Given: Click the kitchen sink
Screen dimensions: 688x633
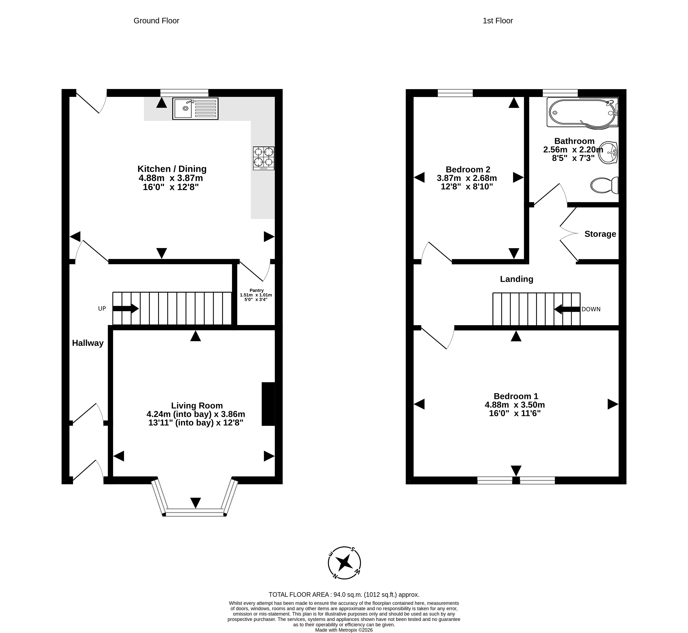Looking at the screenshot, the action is pyautogui.click(x=195, y=109).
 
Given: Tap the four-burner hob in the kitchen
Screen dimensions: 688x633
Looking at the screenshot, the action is pyautogui.click(x=263, y=158).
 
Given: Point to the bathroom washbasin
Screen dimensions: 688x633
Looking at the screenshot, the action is pyautogui.click(x=608, y=153).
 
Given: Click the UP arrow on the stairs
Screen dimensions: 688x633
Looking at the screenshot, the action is pyautogui.click(x=125, y=309).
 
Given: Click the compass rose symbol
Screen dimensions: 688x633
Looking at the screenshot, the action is pyautogui.click(x=344, y=563).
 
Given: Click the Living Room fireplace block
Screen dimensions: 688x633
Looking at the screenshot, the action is pyautogui.click(x=268, y=404).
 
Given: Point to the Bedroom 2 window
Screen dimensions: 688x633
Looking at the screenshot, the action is pyautogui.click(x=455, y=93).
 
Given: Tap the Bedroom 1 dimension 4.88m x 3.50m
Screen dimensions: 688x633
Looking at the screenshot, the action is pyautogui.click(x=515, y=405).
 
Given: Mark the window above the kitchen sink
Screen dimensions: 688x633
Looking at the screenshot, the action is pyautogui.click(x=184, y=93).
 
